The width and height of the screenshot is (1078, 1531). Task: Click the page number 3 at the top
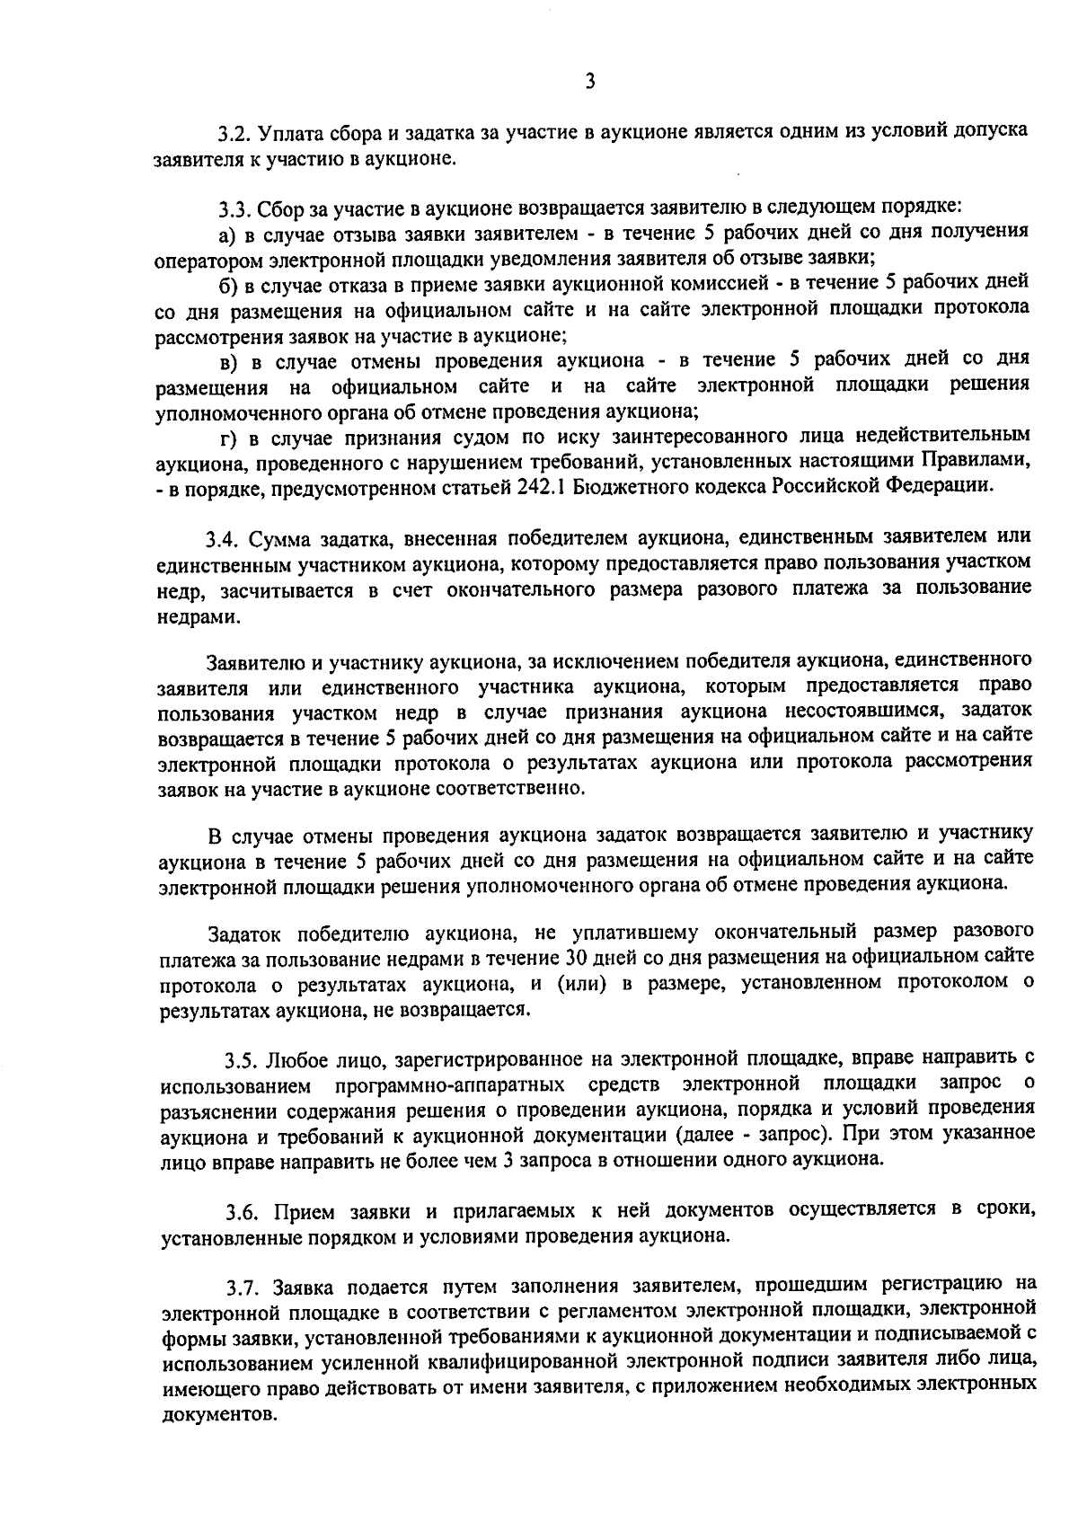point(589,82)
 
